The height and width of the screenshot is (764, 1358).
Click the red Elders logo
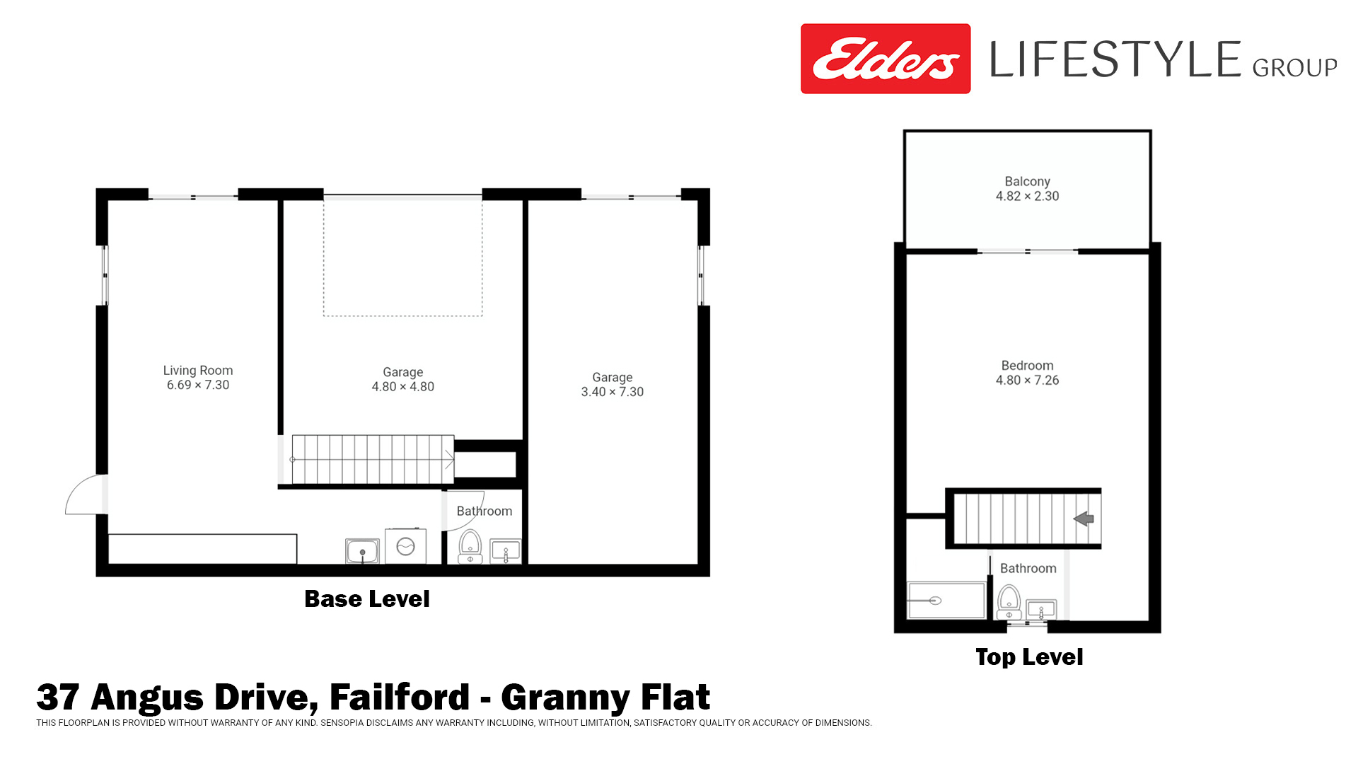click(x=886, y=59)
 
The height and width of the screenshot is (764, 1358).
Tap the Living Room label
click(x=198, y=370)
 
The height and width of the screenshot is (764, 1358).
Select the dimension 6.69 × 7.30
click(x=198, y=386)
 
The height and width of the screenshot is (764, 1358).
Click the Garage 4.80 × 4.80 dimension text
click(x=403, y=387)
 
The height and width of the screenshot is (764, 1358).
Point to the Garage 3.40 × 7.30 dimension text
click(x=613, y=392)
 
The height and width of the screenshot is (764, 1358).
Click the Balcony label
click(x=1028, y=182)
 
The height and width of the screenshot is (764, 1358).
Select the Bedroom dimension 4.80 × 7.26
click(x=1028, y=381)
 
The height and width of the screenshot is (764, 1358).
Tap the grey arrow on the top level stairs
click(x=1084, y=519)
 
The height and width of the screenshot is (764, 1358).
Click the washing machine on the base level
click(x=406, y=546)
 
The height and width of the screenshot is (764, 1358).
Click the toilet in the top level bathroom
click(x=1009, y=602)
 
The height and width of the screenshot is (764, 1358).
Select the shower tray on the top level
click(x=946, y=601)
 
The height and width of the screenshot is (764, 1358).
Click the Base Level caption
click(x=367, y=599)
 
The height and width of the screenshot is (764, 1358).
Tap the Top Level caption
click(x=1029, y=657)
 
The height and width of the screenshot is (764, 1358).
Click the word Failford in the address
click(x=400, y=697)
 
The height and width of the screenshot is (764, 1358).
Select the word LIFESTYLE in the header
click(x=1115, y=59)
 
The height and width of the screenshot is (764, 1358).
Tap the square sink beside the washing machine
click(x=362, y=551)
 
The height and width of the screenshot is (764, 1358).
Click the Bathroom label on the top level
click(x=1028, y=569)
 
